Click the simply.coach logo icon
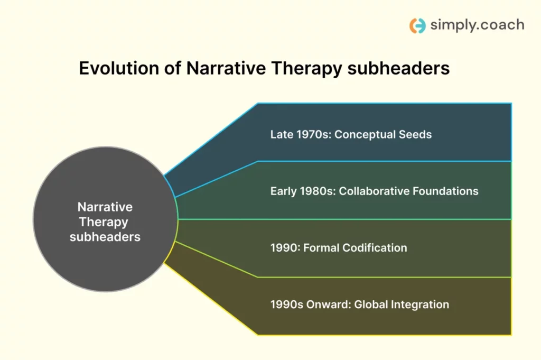click(417, 25)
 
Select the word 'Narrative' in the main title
click(226, 68)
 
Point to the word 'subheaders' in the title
click(398, 68)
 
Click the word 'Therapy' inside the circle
click(104, 222)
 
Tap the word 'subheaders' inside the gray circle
click(105, 237)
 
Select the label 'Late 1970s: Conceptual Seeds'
click(351, 134)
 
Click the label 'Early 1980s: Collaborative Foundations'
click(375, 191)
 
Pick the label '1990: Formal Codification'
click(339, 247)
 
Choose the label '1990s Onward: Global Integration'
click(359, 304)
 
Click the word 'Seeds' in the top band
click(415, 134)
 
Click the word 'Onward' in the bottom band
click(329, 304)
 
